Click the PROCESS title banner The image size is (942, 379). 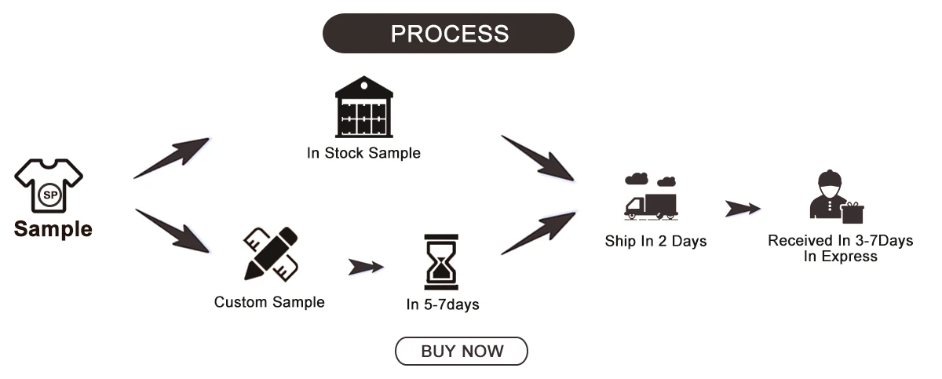[449, 34]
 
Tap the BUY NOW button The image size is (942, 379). [462, 352]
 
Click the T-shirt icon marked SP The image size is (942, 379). [49, 186]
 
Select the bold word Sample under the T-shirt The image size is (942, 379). [53, 229]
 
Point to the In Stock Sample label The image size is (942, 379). [363, 153]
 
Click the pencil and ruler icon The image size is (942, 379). [271, 253]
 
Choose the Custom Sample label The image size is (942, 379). [269, 302]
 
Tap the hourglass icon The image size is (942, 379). [441, 261]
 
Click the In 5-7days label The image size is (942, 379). [443, 304]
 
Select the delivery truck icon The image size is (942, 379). [651, 197]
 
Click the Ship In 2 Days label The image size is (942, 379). [655, 241]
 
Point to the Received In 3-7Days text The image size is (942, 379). [840, 241]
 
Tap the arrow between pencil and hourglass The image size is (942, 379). [366, 267]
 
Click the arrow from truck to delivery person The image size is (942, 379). [742, 209]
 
